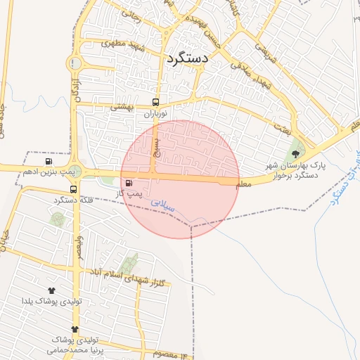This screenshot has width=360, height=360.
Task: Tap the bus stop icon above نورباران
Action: coord(155,101)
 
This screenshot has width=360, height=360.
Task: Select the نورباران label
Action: coord(156,112)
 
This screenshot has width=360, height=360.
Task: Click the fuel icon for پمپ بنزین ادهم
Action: coord(48,161)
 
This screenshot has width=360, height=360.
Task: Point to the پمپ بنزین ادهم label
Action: coord(49,172)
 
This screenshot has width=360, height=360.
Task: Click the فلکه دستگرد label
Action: coord(75,201)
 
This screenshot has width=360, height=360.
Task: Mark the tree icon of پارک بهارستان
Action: coord(295,153)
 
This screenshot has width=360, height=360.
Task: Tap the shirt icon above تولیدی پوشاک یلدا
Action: coord(51,290)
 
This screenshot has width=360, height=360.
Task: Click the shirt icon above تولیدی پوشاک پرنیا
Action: coord(75,329)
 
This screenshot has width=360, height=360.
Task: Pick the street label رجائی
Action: coord(131,13)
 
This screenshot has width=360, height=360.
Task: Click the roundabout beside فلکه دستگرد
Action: coord(75,171)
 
